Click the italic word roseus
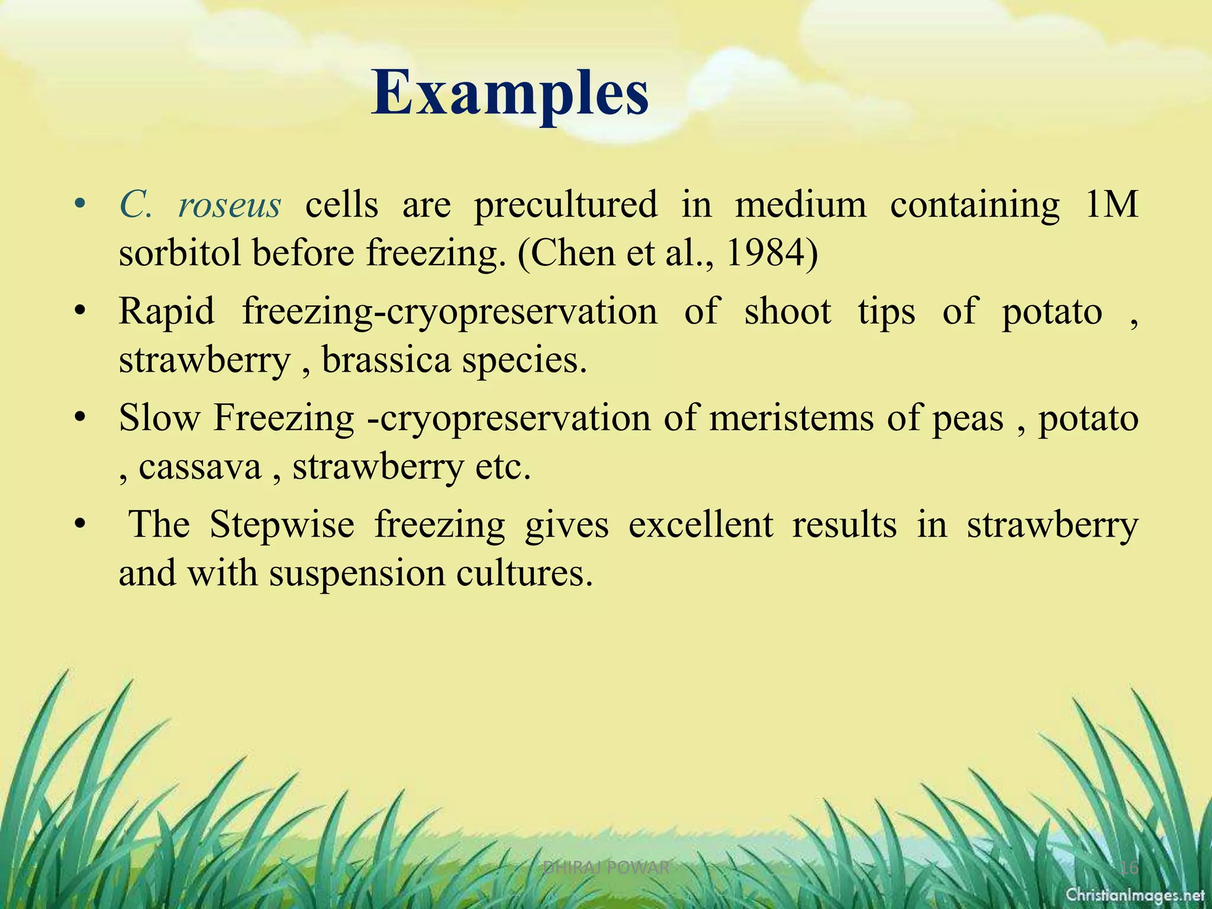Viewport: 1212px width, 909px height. tap(230, 205)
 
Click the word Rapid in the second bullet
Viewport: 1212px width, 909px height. tap(166, 311)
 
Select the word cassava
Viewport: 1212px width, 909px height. tap(199, 467)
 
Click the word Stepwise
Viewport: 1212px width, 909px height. tap(282, 524)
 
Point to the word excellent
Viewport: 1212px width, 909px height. tap(701, 524)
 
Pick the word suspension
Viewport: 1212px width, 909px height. tap(356, 573)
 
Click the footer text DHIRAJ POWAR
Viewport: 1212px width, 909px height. tap(605, 868)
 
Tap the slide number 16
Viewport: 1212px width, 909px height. tap(1129, 868)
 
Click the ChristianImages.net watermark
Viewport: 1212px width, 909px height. tap(1135, 894)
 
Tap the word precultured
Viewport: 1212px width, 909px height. tap(565, 205)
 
